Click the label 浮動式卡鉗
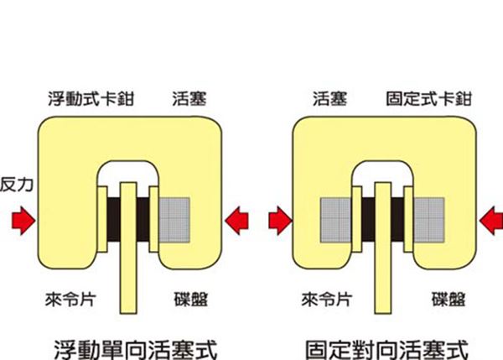(91, 98)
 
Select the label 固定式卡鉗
(428, 98)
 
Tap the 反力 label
(17, 185)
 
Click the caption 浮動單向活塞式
(136, 350)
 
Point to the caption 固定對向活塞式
(386, 350)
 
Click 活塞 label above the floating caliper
(189, 98)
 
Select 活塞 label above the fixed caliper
(329, 98)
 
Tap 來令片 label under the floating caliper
(70, 300)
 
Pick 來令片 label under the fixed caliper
(327, 300)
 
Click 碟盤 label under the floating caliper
(191, 300)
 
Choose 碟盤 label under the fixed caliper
(449, 300)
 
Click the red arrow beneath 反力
(23, 221)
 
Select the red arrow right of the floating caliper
(236, 221)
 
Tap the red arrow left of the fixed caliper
(280, 221)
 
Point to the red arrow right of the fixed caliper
(491, 221)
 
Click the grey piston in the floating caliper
(174, 220)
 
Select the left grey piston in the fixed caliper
(336, 220)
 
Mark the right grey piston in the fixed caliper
(429, 220)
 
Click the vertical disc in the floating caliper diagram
(128, 248)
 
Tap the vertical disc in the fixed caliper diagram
(383, 248)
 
